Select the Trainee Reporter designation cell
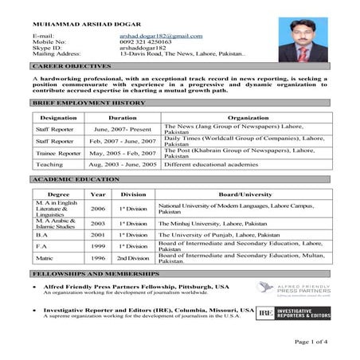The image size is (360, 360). (x=58, y=153)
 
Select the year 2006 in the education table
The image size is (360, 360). (x=98, y=208)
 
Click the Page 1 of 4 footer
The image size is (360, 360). (x=311, y=341)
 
